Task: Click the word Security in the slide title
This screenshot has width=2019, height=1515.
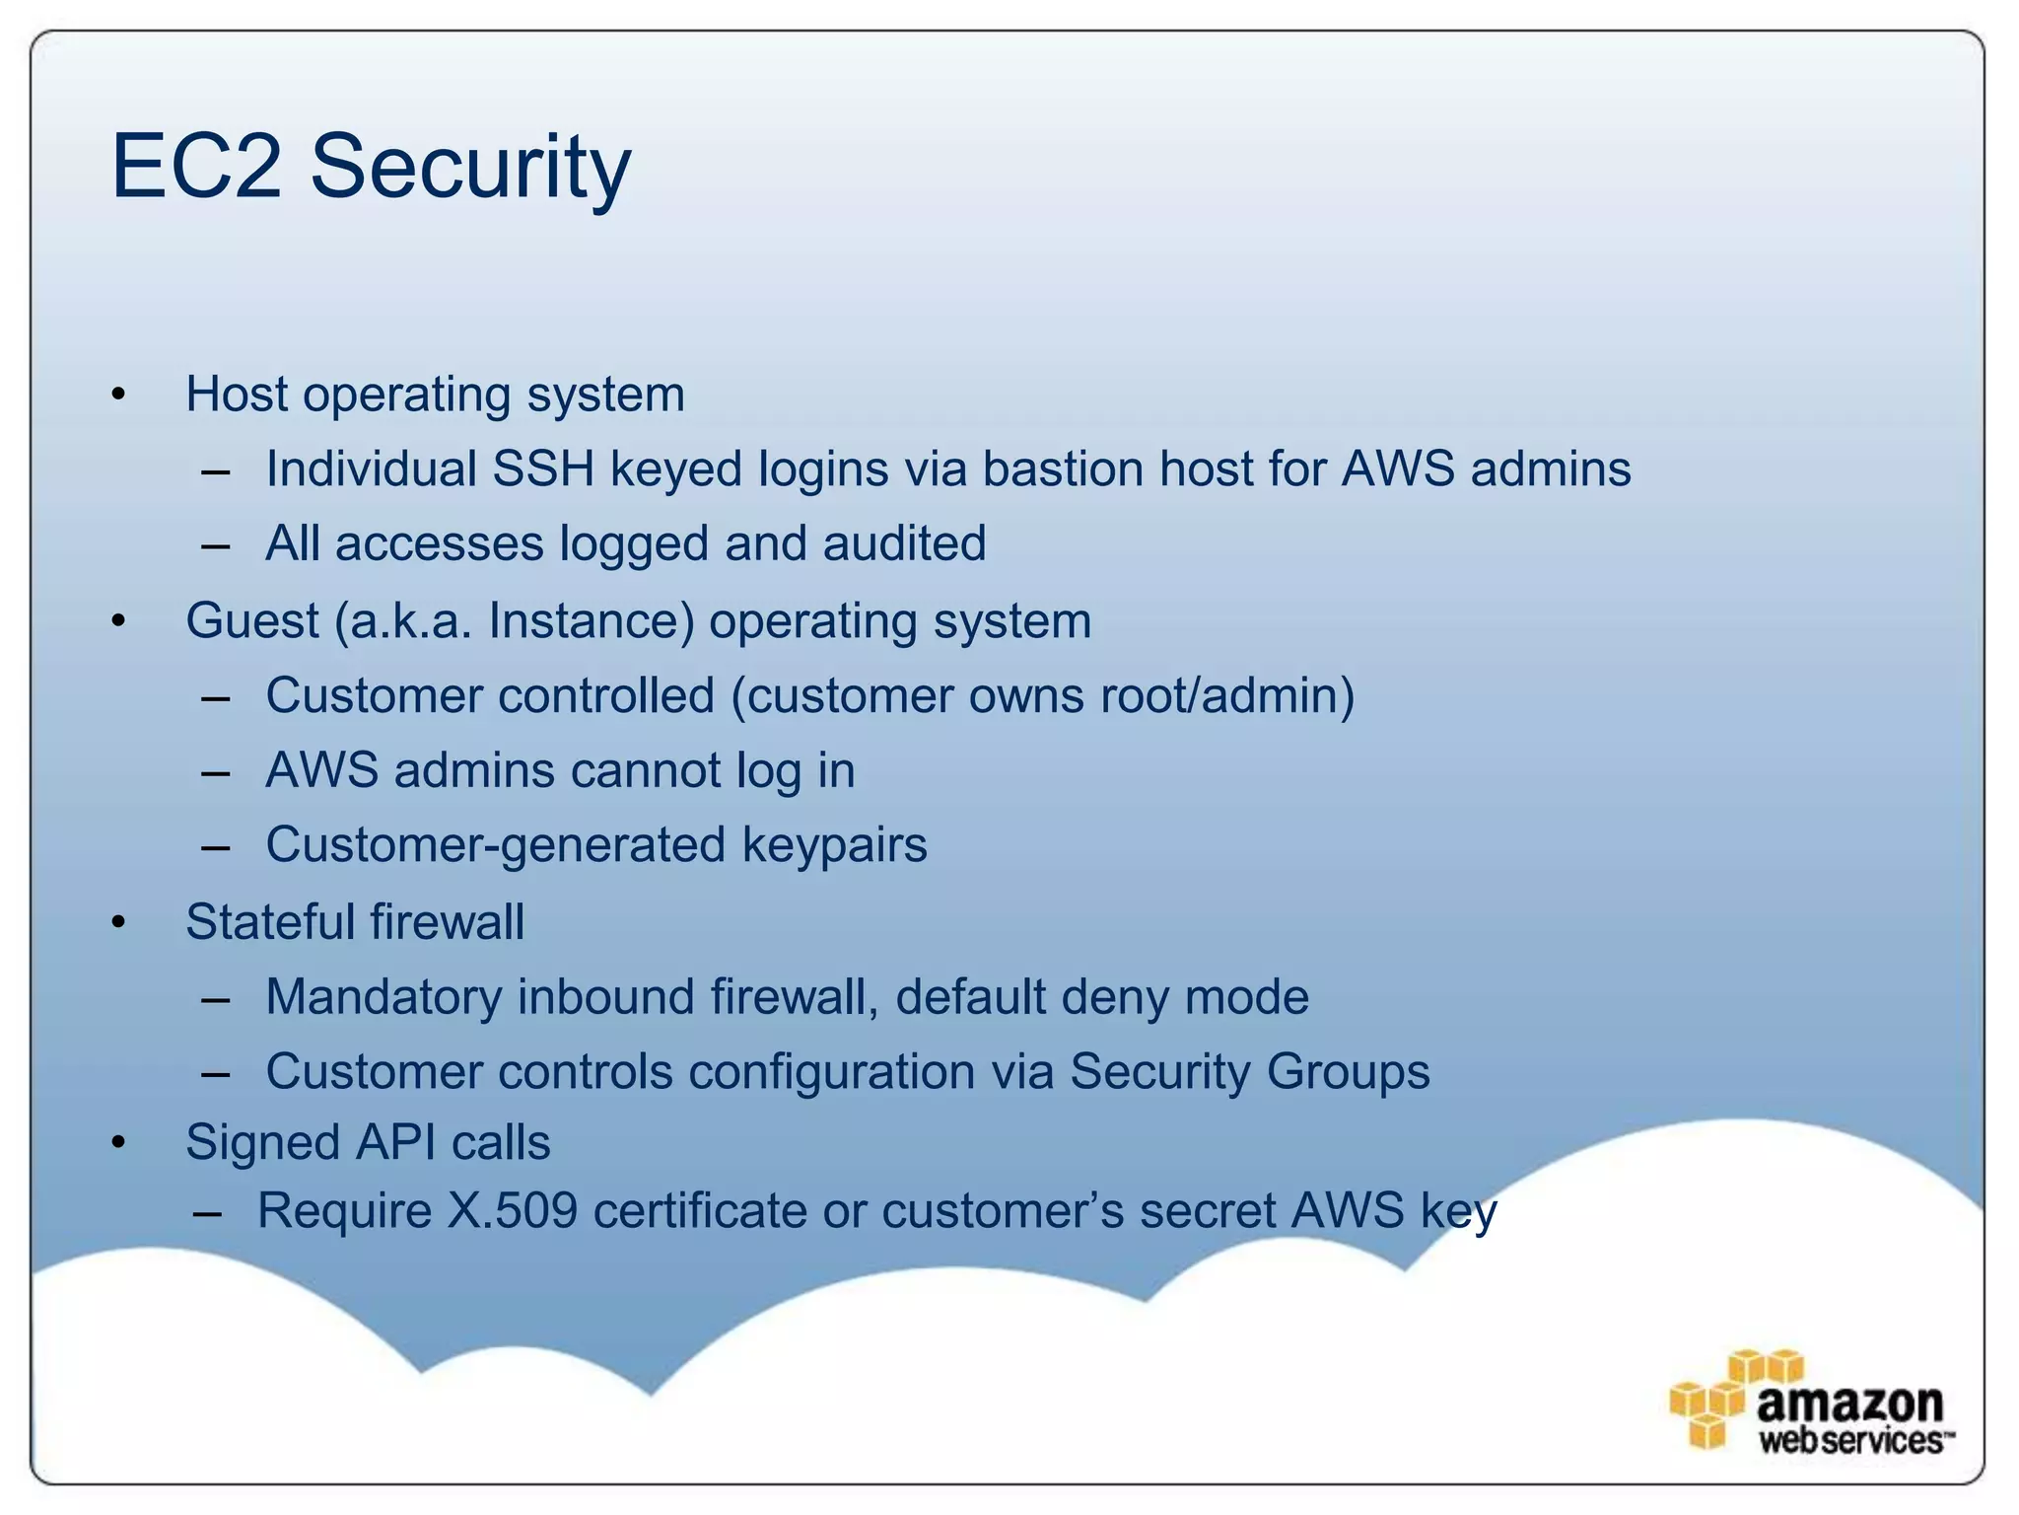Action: pos(470,168)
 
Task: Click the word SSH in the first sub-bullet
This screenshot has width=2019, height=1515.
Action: pos(543,469)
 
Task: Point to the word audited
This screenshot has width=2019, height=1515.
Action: pos(904,543)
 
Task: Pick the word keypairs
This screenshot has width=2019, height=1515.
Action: pos(834,845)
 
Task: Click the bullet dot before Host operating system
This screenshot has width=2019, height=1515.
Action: pos(119,396)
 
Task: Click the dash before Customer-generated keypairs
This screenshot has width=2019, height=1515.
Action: pos(215,847)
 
